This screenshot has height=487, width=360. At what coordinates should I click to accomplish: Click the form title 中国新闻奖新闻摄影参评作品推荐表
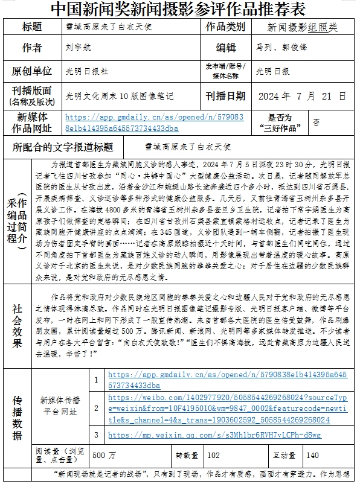coord(178,10)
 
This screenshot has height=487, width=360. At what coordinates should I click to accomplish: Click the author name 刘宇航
coord(77,48)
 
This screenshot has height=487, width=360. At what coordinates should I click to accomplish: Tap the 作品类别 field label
coord(225,27)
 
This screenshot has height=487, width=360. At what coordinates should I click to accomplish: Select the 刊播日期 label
coord(225,96)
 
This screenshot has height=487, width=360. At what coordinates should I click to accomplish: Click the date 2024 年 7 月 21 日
coord(301,96)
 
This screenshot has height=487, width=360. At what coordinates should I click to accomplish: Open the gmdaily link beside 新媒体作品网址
coord(154,123)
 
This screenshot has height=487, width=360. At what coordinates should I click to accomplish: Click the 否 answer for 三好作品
coord(317,121)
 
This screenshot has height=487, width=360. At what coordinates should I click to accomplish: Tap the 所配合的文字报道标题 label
coord(63,147)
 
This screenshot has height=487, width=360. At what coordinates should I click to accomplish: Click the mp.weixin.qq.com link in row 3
coord(214,435)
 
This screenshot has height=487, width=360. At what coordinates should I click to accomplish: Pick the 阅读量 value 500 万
coord(100,456)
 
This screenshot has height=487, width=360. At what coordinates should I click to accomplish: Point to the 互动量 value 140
coord(312,456)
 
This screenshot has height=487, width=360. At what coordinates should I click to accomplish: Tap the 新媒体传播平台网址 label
coord(59,406)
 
